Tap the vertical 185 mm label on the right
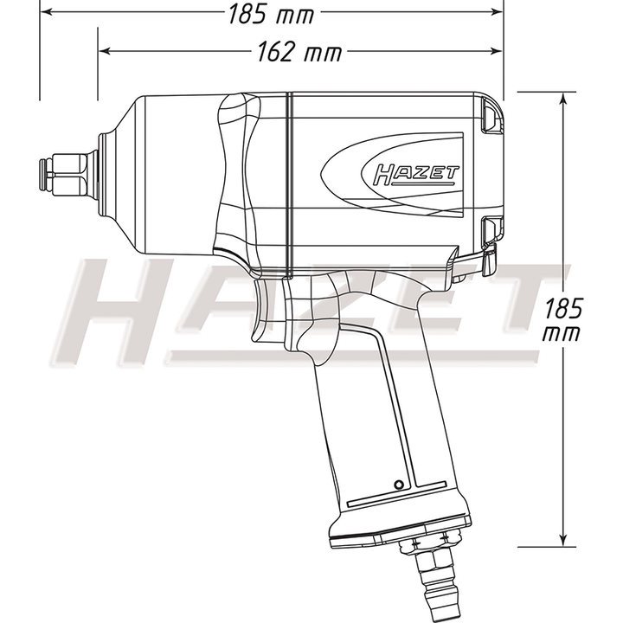pos(562,319)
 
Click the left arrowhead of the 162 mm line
pos(104,52)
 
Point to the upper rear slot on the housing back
pos(490,117)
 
